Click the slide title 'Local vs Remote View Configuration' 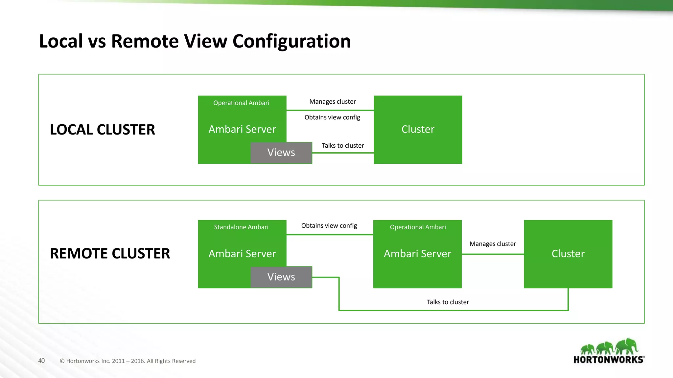tap(195, 41)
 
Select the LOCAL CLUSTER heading tap(102, 130)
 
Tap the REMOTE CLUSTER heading tap(110, 253)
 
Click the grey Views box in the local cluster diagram tap(281, 153)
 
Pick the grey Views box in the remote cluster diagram tap(281, 277)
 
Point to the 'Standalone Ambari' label tap(241, 227)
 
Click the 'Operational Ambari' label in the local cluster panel tap(241, 103)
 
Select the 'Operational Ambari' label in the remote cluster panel tap(418, 227)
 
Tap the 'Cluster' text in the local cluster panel tap(418, 129)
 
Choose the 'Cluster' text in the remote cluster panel tap(568, 254)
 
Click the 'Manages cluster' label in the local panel tap(332, 102)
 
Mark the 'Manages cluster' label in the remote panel tap(493, 244)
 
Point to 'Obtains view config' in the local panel tap(332, 117)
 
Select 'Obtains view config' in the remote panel tap(329, 226)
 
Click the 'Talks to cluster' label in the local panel tap(343, 146)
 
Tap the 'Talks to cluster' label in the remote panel tap(448, 302)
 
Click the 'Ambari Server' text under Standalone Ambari tap(242, 254)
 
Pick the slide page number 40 tap(41, 361)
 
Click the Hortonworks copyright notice tap(128, 361)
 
